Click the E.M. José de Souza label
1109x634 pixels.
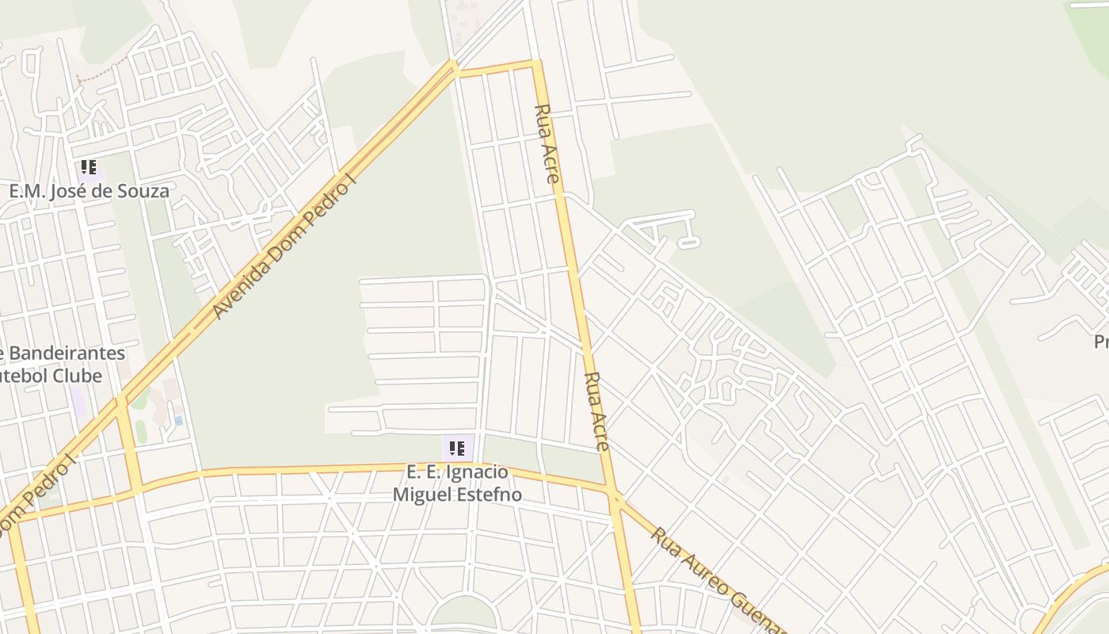coord(89,191)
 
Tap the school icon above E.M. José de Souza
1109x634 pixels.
coord(89,167)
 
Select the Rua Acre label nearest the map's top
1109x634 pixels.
coord(547,143)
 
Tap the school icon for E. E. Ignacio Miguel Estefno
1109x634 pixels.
coord(457,449)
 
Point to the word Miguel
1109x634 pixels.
coord(420,495)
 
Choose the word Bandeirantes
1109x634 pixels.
coord(67,353)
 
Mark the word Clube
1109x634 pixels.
coord(78,375)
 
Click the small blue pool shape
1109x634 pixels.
coord(178,421)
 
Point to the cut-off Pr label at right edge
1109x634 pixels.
coord(1100,342)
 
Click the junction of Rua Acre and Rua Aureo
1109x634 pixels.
coord(615,496)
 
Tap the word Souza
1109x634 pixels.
coord(143,191)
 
